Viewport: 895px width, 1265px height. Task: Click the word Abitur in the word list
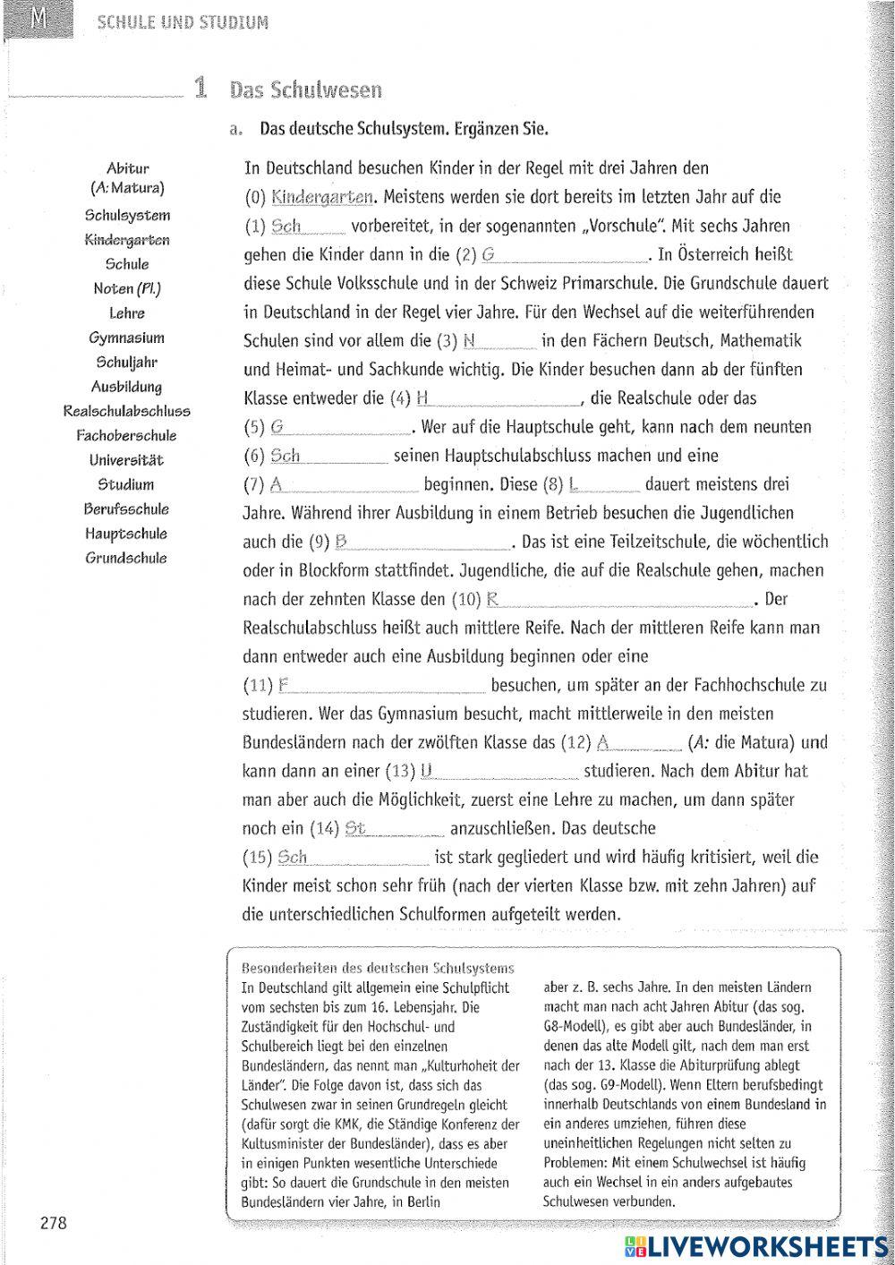click(127, 168)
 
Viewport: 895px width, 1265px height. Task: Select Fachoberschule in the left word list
click(126, 436)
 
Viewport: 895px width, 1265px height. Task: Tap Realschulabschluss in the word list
click(126, 411)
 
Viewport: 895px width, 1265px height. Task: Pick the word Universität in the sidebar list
click(126, 460)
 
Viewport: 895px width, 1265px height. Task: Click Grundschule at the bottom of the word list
click(126, 558)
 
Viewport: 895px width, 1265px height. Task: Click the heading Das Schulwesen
click(305, 90)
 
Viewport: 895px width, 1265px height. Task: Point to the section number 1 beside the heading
click(200, 88)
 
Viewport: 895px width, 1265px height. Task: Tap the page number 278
click(54, 1224)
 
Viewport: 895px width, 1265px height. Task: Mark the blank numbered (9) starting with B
click(421, 542)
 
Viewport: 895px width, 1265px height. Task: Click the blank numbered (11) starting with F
click(381, 686)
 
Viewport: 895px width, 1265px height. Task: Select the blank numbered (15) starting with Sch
click(354, 858)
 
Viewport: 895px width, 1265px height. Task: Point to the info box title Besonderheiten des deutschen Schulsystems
click(379, 968)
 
